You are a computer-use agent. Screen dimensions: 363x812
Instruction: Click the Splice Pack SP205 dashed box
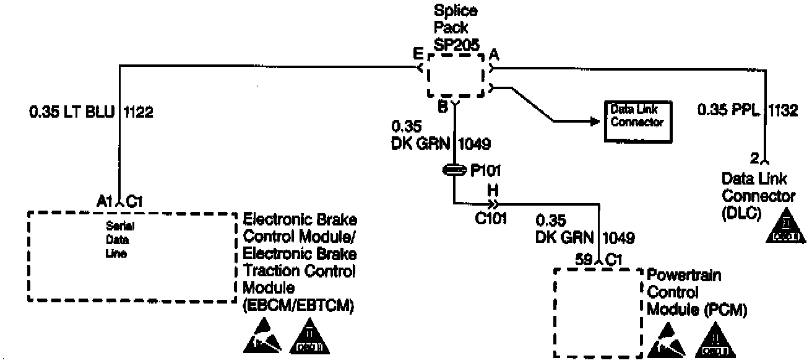click(456, 74)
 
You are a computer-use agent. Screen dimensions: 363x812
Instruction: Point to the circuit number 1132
click(784, 110)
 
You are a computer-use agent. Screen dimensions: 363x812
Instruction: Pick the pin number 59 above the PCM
click(584, 260)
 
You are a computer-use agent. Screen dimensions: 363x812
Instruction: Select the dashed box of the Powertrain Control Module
click(596, 312)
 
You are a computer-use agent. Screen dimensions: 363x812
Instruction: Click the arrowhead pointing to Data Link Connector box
click(595, 121)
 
